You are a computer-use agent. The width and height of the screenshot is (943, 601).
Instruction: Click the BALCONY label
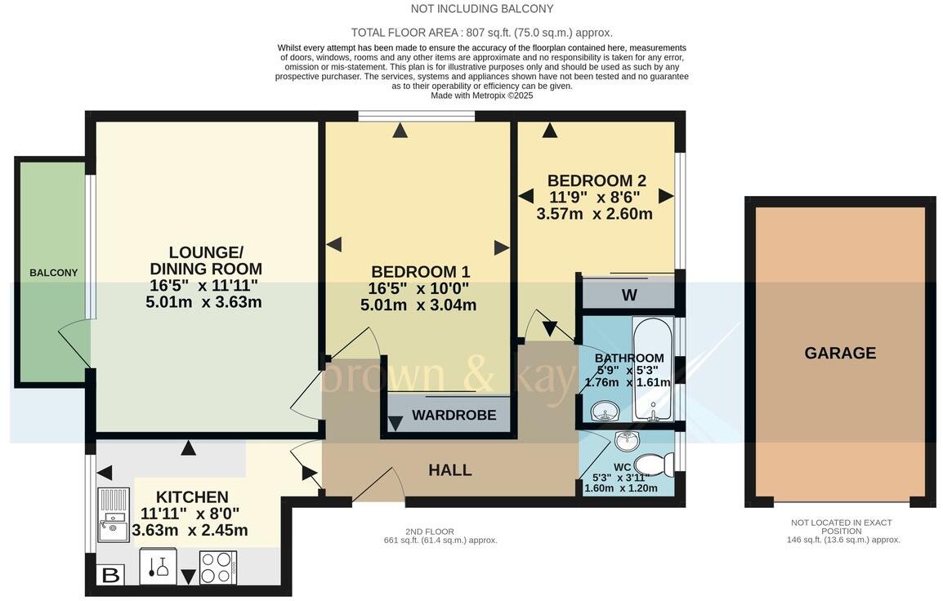pyautogui.click(x=54, y=273)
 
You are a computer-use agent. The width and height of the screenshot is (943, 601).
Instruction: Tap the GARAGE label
pyautogui.click(x=840, y=353)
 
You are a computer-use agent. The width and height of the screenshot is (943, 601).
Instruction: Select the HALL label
pyautogui.click(x=450, y=470)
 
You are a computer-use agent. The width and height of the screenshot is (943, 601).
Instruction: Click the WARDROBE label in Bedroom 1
pyautogui.click(x=454, y=415)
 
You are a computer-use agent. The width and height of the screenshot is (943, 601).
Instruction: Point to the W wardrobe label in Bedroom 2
pyautogui.click(x=629, y=295)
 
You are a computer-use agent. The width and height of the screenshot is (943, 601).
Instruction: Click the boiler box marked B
pyautogui.click(x=111, y=575)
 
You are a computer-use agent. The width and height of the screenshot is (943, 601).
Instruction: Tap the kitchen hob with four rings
pyautogui.click(x=218, y=568)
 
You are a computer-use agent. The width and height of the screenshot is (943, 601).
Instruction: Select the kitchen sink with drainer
pyautogui.click(x=113, y=514)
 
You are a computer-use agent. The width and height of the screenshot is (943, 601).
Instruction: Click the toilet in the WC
pyautogui.click(x=655, y=464)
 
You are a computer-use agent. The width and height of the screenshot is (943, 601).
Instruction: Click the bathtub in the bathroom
pyautogui.click(x=652, y=368)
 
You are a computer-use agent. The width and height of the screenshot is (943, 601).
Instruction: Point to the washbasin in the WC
pyautogui.click(x=628, y=441)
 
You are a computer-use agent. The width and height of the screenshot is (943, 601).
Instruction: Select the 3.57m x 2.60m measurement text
pyautogui.click(x=594, y=214)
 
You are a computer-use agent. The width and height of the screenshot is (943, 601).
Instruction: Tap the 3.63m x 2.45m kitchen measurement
pyautogui.click(x=190, y=531)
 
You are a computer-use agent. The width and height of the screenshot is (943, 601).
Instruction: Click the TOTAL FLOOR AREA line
pyautogui.click(x=482, y=33)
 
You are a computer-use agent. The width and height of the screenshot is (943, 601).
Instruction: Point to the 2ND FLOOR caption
pyautogui.click(x=429, y=532)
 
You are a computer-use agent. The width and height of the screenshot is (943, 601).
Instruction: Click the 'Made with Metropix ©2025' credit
pyautogui.click(x=482, y=96)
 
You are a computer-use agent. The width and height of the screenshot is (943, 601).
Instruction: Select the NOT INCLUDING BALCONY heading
pyautogui.click(x=482, y=9)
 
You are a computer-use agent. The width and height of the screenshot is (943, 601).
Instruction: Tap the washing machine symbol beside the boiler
pyautogui.click(x=159, y=566)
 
